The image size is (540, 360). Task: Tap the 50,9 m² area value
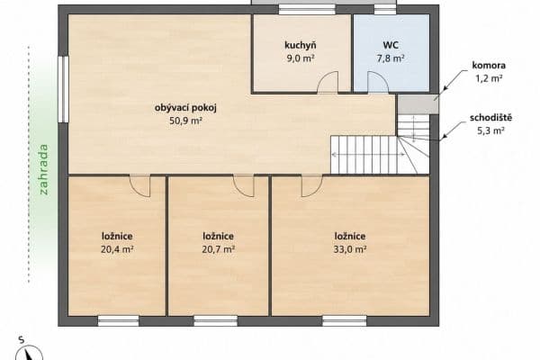(x=186, y=121)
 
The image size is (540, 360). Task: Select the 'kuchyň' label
(x=300, y=45)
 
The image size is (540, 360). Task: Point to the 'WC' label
(x=391, y=45)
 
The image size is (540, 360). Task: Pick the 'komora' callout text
(x=488, y=66)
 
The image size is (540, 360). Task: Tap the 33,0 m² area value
(x=349, y=249)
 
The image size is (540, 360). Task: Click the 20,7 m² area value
(x=219, y=249)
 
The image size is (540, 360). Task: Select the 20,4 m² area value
(x=117, y=249)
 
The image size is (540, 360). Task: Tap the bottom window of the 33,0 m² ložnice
(x=344, y=319)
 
